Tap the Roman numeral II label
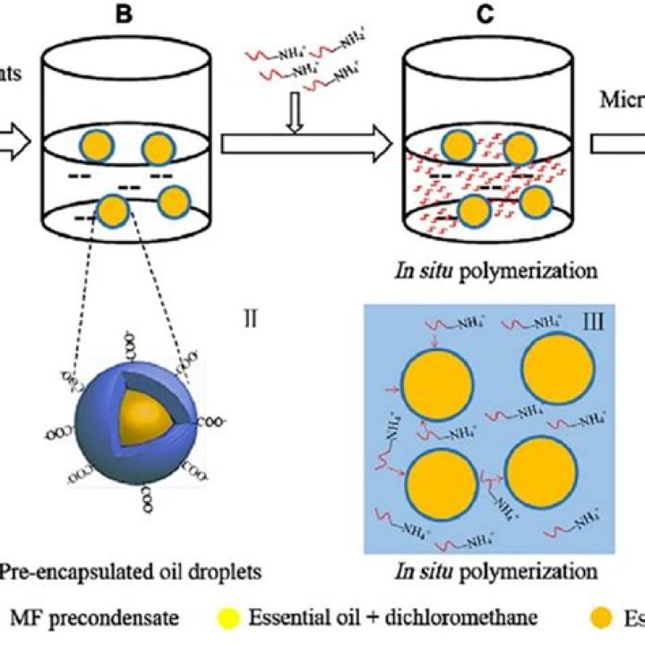pos(254,316)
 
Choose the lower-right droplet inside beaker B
pos(176,200)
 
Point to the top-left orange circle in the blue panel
pos(436,382)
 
